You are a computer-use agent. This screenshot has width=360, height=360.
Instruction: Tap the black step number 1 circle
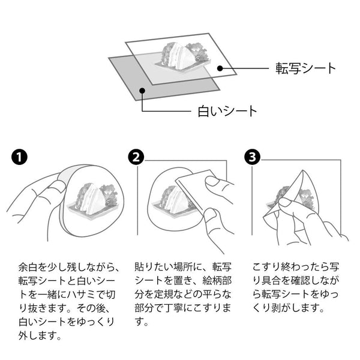(x=19, y=157)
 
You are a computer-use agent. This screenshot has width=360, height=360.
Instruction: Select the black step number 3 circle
(x=253, y=157)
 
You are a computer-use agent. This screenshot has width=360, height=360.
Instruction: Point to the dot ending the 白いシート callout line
(x=142, y=91)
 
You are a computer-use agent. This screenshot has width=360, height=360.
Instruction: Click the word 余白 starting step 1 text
(x=28, y=266)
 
